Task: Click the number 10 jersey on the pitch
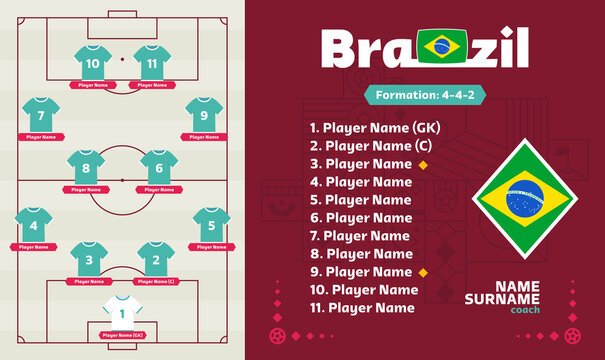point(93,61)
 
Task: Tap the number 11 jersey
point(152,61)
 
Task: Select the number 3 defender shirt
point(89,259)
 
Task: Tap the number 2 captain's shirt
point(155,259)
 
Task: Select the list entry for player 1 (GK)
point(373,128)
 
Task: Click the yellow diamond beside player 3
point(423,164)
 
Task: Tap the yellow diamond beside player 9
point(423,272)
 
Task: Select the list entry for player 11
point(362,308)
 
